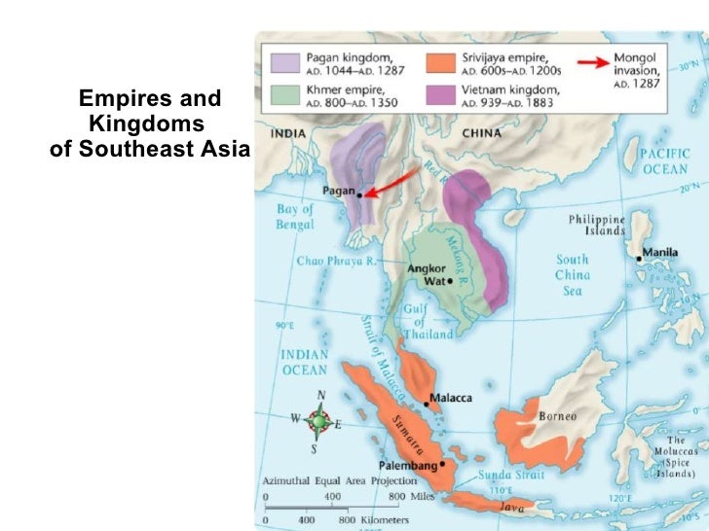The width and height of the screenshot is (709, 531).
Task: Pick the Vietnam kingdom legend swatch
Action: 442,96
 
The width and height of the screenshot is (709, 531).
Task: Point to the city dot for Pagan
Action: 359,195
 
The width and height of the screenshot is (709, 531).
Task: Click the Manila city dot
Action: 640,259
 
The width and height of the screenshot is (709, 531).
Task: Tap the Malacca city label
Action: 452,399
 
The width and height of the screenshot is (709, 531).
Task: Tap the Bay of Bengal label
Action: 295,217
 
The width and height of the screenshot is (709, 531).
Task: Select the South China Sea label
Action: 572,275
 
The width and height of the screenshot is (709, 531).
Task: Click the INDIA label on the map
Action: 288,133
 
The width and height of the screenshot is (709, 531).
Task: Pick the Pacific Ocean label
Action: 665,161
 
